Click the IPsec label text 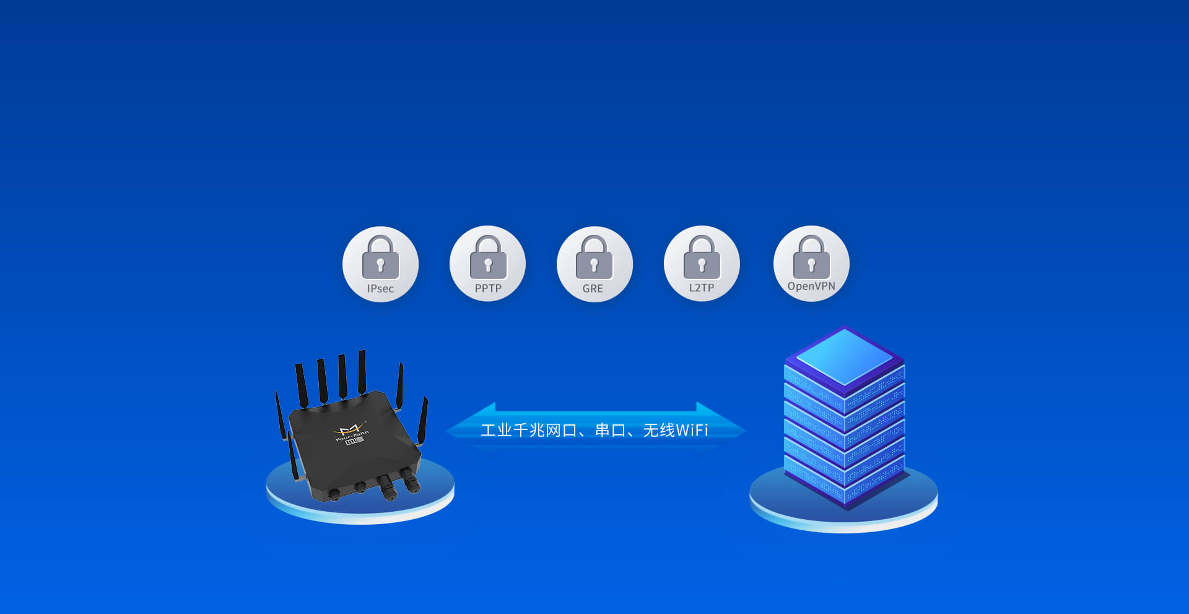pyautogui.click(x=380, y=289)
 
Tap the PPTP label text pyautogui.click(x=488, y=289)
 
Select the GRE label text pyautogui.click(x=593, y=289)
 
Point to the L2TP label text pyautogui.click(x=702, y=288)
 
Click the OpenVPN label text pyautogui.click(x=811, y=286)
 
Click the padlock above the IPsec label pyautogui.click(x=380, y=258)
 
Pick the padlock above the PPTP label pyautogui.click(x=488, y=258)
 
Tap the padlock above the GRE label pyautogui.click(x=594, y=258)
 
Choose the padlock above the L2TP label pyautogui.click(x=702, y=258)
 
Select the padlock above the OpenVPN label pyautogui.click(x=811, y=257)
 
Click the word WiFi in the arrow pyautogui.click(x=692, y=430)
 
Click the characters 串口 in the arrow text pyautogui.click(x=611, y=430)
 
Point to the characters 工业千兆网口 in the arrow pyautogui.click(x=529, y=430)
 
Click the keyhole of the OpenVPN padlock pyautogui.click(x=811, y=265)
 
